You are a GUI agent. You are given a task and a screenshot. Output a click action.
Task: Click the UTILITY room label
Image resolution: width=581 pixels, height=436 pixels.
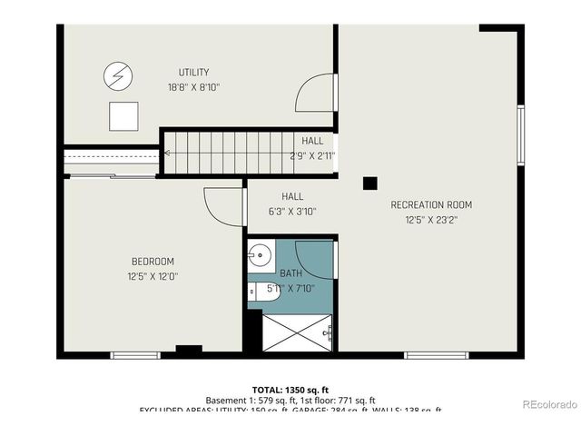coord(194,73)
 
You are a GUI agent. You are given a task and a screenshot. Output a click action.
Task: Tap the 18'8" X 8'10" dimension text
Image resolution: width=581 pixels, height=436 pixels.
coord(194,87)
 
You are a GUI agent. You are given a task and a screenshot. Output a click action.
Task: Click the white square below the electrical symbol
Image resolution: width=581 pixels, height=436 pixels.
coord(123,115)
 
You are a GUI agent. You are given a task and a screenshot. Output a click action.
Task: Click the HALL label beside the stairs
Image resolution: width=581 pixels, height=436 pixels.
coord(312,141)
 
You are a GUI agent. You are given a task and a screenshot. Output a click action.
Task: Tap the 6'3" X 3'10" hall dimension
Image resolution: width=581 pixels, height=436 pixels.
coord(292,212)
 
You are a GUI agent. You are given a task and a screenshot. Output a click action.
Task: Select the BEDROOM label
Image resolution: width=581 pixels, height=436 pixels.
coord(153,262)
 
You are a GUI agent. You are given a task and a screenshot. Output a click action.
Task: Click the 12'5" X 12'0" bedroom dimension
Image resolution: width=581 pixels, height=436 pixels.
coord(153,276)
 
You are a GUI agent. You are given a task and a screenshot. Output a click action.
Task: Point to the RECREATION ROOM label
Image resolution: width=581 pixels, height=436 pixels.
coord(431,204)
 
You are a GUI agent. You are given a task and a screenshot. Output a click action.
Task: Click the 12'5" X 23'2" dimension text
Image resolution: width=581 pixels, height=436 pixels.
coord(431,219)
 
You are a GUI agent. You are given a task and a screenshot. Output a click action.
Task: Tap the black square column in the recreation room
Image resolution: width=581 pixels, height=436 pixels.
coord(369,183)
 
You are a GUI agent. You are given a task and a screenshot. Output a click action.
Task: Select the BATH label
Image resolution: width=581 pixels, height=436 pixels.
coord(290,272)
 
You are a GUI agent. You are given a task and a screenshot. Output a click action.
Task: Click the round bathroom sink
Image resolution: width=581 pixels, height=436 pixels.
coord(261,253)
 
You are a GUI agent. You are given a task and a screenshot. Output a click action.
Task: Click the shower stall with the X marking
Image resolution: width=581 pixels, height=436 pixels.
coord(298,332)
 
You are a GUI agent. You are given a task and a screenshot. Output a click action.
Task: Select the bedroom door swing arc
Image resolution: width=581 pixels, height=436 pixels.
coord(222,203)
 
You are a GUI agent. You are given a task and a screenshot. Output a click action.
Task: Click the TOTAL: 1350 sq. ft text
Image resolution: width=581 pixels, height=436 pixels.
coord(290,389)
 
